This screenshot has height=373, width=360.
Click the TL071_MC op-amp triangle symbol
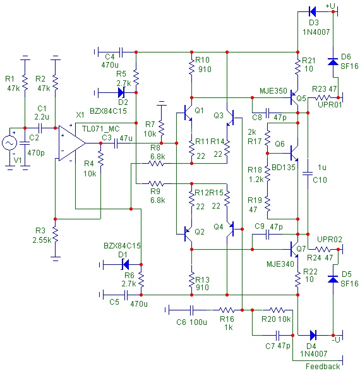pyautogui.click(x=72, y=144)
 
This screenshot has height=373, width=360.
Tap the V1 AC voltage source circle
pyautogui.click(x=9, y=143)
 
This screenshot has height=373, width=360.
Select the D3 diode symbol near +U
pyautogui.click(x=313, y=11)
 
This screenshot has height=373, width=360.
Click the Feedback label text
pyautogui.click(x=323, y=366)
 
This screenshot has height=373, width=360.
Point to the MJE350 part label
pyautogui.click(x=273, y=91)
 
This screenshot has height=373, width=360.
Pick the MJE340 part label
pyautogui.click(x=280, y=264)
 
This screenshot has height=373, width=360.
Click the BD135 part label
pyautogui.click(x=283, y=168)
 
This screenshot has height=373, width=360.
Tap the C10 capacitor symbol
pyautogui.click(x=308, y=173)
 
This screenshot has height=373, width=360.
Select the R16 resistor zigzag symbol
pyautogui.click(x=227, y=310)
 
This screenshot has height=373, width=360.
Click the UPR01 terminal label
pyautogui.click(x=330, y=105)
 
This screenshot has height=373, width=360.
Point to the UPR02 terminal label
pyautogui.click(x=330, y=240)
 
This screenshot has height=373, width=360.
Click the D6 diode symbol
pyautogui.click(x=333, y=62)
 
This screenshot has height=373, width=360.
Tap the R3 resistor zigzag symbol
pyautogui.click(x=55, y=234)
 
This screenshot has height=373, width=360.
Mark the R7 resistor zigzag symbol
pyautogui.click(x=162, y=129)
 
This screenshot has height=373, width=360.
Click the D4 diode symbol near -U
pyautogui.click(x=313, y=336)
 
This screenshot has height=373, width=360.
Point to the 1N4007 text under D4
pyautogui.click(x=314, y=354)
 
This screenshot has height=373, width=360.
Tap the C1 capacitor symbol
pyautogui.click(x=40, y=128)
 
